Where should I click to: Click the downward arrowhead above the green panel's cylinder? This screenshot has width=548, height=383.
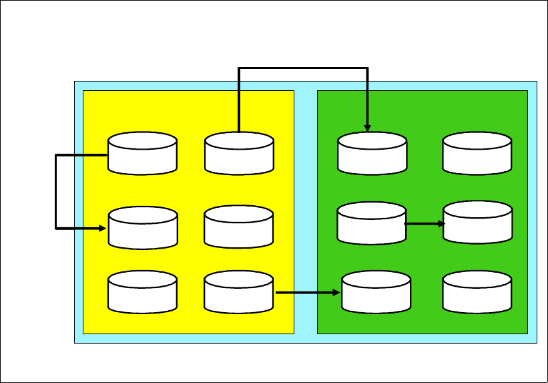(x=367, y=128)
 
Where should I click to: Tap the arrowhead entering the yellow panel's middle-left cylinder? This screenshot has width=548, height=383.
(x=103, y=228)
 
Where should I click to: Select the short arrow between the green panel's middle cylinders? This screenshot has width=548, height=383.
(x=425, y=224)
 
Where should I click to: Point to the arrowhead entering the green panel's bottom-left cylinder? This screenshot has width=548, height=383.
(x=337, y=292)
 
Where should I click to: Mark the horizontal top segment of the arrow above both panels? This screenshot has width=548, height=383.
(x=303, y=68)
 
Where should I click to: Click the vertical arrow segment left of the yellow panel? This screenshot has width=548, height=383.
(x=55, y=191)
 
